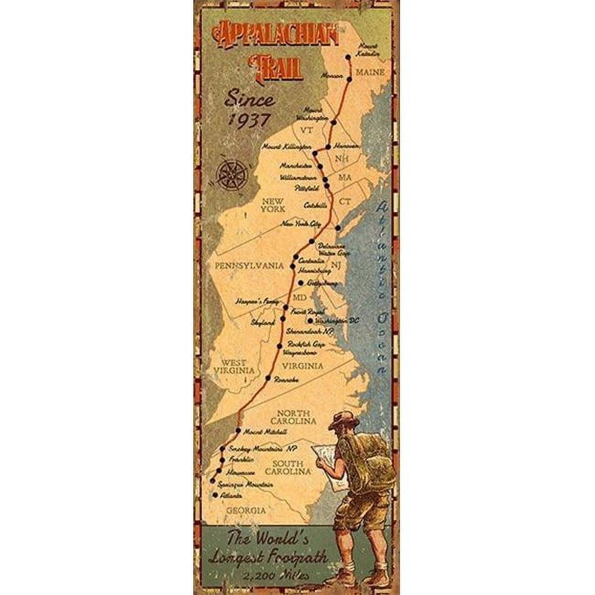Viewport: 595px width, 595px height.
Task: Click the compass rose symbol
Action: pyautogui.click(x=231, y=174)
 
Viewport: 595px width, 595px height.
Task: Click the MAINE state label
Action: pyautogui.click(x=370, y=72)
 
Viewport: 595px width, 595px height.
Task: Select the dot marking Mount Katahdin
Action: pyautogui.click(x=348, y=57)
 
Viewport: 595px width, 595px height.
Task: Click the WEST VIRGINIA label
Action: pyautogui.click(x=234, y=367)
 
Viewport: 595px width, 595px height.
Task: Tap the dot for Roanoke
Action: pyautogui.click(x=269, y=378)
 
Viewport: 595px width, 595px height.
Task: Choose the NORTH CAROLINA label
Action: pyautogui.click(x=293, y=416)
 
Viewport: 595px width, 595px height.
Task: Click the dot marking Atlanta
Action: pyautogui.click(x=215, y=495)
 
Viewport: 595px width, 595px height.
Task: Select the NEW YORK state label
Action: pyautogui.click(x=273, y=205)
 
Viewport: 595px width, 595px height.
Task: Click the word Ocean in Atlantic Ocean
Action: pyautogui.click(x=381, y=339)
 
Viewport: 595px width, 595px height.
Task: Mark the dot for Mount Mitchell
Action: pyautogui.click(x=238, y=431)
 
